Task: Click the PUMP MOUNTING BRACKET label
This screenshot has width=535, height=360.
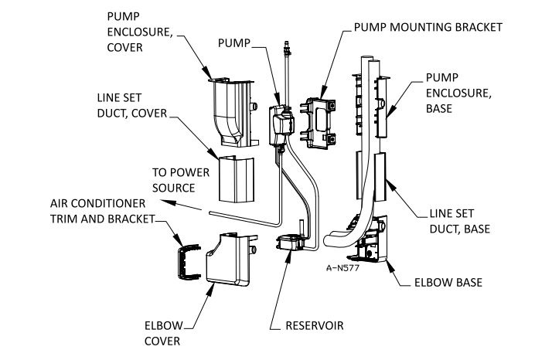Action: click(x=428, y=27)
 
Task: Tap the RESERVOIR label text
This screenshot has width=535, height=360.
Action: click(x=314, y=325)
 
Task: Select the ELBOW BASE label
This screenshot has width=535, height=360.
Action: click(x=448, y=283)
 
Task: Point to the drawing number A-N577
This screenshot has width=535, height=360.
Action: click(x=342, y=268)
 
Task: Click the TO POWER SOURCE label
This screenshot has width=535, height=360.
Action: click(x=181, y=180)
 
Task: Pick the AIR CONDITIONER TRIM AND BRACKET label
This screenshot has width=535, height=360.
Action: click(x=102, y=211)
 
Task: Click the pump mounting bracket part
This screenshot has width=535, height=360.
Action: click(x=318, y=123)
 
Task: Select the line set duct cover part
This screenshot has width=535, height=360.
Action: click(x=236, y=179)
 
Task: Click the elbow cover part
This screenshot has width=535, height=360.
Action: click(x=230, y=259)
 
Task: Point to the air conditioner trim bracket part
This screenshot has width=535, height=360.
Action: click(x=189, y=262)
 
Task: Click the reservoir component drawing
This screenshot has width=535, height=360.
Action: click(x=289, y=242)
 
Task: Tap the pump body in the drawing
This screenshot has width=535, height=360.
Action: click(x=281, y=125)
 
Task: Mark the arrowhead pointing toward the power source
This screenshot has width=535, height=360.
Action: click(x=169, y=202)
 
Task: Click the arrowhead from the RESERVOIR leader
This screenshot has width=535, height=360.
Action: click(x=288, y=256)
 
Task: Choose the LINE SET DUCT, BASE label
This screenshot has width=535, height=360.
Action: click(x=459, y=221)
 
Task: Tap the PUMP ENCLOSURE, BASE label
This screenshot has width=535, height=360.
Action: click(x=458, y=93)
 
